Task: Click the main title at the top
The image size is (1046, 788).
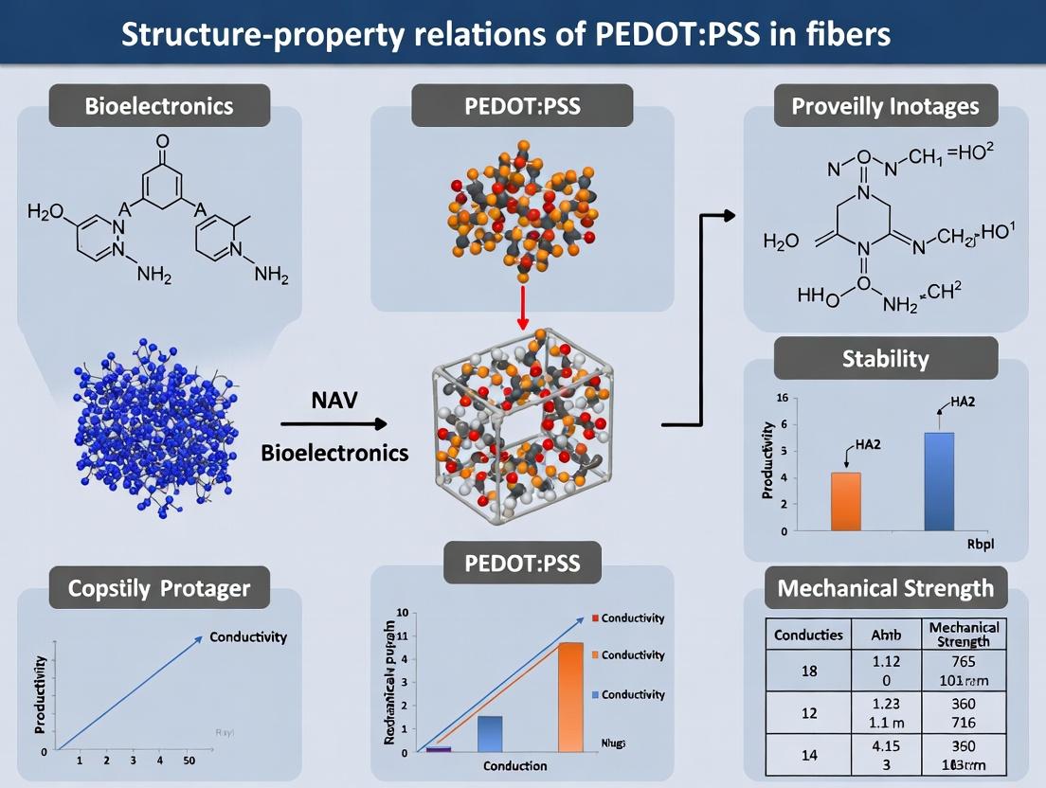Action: tap(507, 35)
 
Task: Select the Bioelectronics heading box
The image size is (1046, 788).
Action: tap(159, 105)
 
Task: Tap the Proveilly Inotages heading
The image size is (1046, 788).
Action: tap(886, 105)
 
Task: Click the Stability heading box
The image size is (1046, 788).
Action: tap(886, 359)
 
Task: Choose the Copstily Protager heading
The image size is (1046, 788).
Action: tap(159, 588)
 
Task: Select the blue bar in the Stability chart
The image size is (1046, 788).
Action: tap(939, 481)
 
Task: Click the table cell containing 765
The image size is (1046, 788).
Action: tap(965, 660)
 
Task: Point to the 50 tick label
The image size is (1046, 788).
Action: tap(189, 761)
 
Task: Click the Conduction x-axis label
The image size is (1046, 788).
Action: tap(514, 764)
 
